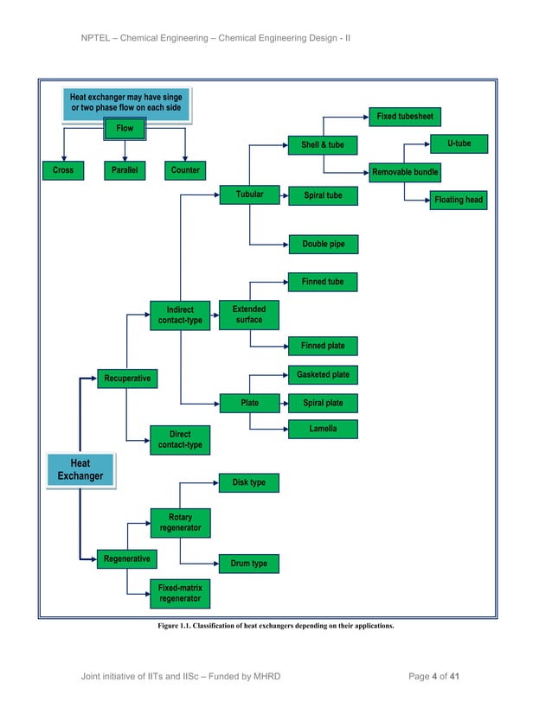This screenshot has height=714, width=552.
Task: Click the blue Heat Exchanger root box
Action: point(80,470)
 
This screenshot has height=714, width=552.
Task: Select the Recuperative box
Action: point(127,379)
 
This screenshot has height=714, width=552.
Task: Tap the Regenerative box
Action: point(126,559)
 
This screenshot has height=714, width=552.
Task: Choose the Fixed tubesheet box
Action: point(404,117)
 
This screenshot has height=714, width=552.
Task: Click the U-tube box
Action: point(459,143)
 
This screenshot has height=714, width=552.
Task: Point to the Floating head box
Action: point(459,201)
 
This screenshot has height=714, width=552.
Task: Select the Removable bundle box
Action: point(404,173)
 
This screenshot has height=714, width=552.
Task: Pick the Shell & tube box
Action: point(322,145)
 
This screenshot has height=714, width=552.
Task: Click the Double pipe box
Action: point(323,245)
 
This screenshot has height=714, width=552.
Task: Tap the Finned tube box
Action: point(322,282)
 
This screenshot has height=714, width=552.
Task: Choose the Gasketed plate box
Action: point(323,375)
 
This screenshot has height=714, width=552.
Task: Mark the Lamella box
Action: point(323,428)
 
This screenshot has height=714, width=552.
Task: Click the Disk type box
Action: point(248,482)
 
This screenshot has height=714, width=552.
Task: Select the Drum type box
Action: point(248,564)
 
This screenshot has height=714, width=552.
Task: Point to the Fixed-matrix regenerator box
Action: point(180,593)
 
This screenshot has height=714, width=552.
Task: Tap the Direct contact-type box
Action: point(180,439)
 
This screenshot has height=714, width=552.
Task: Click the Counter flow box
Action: point(185,170)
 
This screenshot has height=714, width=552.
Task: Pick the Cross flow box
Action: point(62,170)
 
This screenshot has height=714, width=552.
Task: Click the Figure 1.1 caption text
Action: point(275,626)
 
